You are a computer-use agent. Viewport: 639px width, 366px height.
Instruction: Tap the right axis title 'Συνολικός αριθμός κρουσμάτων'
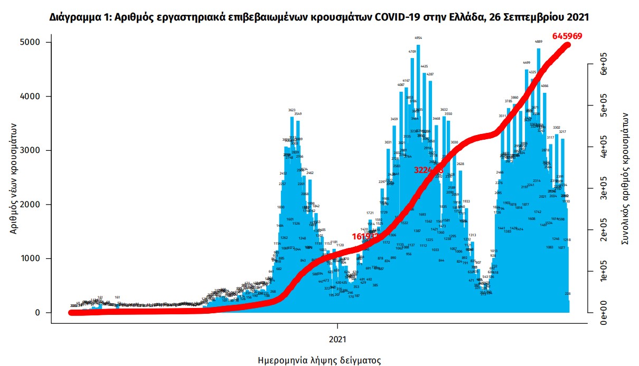tap(624, 177)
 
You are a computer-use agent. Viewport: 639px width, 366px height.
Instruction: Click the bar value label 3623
tap(292, 110)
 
